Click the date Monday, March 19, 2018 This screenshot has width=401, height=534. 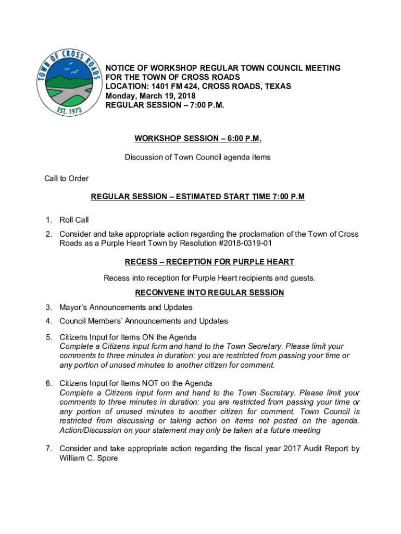click(151, 96)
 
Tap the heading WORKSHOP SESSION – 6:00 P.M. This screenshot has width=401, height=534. click(197, 138)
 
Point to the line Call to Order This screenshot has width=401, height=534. click(66, 178)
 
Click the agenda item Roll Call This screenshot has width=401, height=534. click(74, 220)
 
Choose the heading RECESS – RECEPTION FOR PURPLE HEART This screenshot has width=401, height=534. click(209, 262)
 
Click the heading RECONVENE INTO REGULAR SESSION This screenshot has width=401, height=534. click(209, 293)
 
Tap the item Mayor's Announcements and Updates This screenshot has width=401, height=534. click(126, 307)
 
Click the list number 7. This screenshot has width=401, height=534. click(47, 448)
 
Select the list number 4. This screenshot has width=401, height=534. click(47, 321)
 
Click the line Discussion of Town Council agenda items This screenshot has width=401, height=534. click(197, 157)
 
